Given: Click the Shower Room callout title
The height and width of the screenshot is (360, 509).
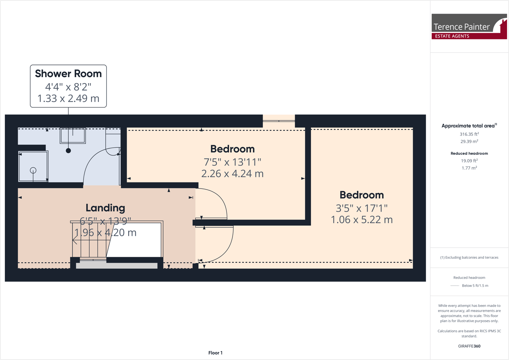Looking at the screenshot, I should coord(68,74).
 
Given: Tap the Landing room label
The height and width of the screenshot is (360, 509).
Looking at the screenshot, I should coord(105,208).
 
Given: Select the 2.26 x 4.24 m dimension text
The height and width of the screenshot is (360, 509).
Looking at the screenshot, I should coord(232,174).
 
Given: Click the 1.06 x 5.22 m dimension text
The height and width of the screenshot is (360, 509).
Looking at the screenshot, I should coord(361,220).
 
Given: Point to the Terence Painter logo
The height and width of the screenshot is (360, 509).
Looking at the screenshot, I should coord(469,27).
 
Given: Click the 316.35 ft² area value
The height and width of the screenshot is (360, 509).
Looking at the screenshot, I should coord(469,134).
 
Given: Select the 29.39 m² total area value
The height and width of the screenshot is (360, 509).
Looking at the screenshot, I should coord(469,141).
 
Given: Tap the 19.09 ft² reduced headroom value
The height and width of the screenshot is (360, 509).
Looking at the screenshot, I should coord(469,161).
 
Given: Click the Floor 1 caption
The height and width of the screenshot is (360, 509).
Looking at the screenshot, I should coord(215,353).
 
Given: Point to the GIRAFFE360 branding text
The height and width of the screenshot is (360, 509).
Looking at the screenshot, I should coord(469,346).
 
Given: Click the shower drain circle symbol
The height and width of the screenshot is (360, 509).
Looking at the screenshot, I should coord(33,170).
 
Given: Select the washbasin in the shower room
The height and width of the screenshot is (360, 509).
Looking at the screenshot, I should coord(73,135).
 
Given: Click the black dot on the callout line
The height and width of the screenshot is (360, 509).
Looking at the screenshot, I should coord(68,151).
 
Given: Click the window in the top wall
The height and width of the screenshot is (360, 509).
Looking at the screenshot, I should coord(279,121).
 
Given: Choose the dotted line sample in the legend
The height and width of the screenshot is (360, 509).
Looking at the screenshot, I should coord(454,286).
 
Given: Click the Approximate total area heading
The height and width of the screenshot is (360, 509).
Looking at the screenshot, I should coord(469,126).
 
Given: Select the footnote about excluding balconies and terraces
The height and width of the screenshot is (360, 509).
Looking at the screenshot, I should coord(469,258).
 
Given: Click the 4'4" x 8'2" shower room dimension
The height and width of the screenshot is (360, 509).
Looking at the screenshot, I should coord(68,87).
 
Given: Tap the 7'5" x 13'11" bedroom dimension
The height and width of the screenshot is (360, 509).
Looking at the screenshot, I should coord(232,162).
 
